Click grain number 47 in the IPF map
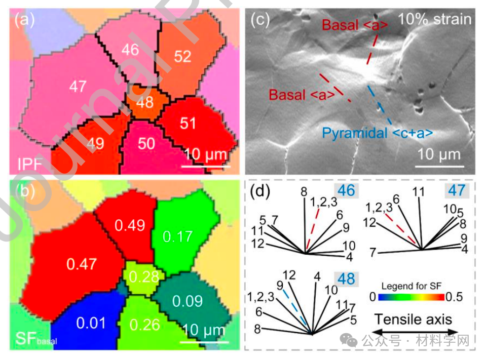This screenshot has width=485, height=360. click(78, 87)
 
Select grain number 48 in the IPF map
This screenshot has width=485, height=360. click(145, 102)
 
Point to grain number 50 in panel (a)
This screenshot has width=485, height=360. click(146, 143)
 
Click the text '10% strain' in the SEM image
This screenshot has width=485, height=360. click(435, 20)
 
